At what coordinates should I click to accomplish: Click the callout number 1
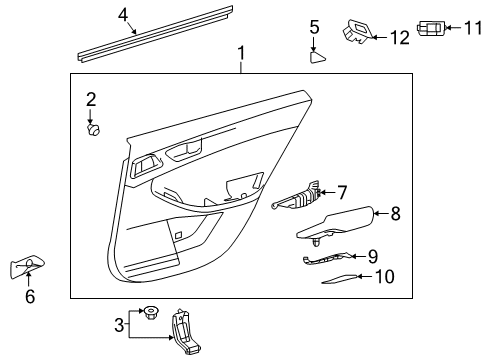240,50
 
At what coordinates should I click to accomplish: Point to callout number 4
123,15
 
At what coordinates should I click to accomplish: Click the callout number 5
314,27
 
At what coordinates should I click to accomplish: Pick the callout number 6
29,297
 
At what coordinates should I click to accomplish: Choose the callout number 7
342,190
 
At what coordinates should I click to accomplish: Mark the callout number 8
395,212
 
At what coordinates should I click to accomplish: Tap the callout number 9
372,256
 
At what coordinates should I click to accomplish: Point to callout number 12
399,38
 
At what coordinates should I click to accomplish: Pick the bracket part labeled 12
357,33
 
